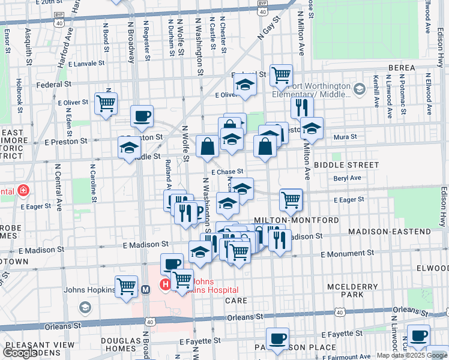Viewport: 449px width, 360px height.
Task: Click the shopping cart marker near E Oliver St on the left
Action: point(106,103)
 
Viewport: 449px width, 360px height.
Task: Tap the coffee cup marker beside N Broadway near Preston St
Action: point(142,116)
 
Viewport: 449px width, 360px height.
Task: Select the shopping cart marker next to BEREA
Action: point(280,75)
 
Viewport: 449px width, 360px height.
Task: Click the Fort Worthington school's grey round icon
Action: point(359,89)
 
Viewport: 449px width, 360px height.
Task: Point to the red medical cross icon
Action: point(23,191)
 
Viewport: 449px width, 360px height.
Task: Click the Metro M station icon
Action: point(145,289)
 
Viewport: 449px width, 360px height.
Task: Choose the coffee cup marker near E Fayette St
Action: point(277,338)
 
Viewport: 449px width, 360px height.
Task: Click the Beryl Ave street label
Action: point(348,178)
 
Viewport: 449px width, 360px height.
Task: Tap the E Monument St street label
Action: point(347,254)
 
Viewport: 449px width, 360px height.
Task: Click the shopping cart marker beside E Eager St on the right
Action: point(291,199)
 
